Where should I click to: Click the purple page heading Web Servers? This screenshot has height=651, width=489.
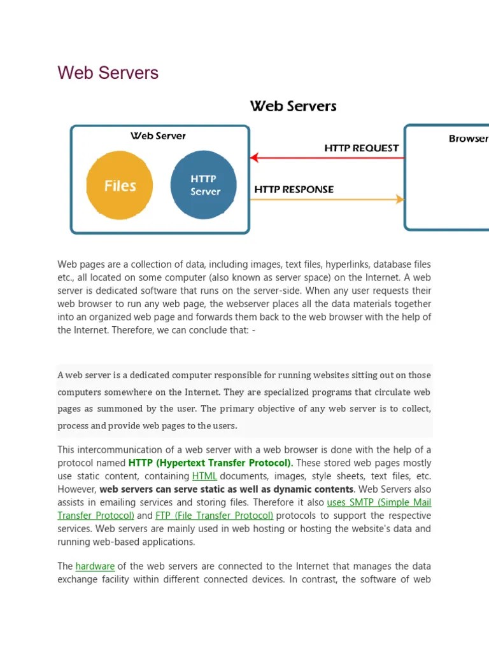pyautogui.click(x=108, y=72)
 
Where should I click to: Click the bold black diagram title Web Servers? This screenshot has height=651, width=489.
pyautogui.click(x=293, y=106)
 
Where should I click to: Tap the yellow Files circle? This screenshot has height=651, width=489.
pyautogui.click(x=120, y=186)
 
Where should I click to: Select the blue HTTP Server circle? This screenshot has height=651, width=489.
pyautogui.click(x=204, y=185)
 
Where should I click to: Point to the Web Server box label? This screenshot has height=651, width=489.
pyautogui.click(x=158, y=136)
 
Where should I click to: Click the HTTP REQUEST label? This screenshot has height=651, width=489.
pyautogui.click(x=361, y=148)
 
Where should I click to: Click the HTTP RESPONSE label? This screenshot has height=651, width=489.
pyautogui.click(x=294, y=189)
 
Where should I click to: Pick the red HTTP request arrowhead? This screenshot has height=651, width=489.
pyautogui.click(x=254, y=158)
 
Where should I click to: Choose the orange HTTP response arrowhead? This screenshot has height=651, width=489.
pyautogui.click(x=400, y=200)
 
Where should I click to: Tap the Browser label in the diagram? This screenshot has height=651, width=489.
pyautogui.click(x=468, y=139)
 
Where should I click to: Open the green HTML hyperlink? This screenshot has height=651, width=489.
pyautogui.click(x=204, y=476)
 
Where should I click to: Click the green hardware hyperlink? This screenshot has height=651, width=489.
pyautogui.click(x=95, y=566)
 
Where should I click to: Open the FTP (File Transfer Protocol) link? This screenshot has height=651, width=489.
pyautogui.click(x=214, y=516)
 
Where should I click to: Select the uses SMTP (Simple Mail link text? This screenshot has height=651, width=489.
pyautogui.click(x=379, y=502)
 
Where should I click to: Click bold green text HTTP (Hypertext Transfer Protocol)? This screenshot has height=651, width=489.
pyautogui.click(x=211, y=463)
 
